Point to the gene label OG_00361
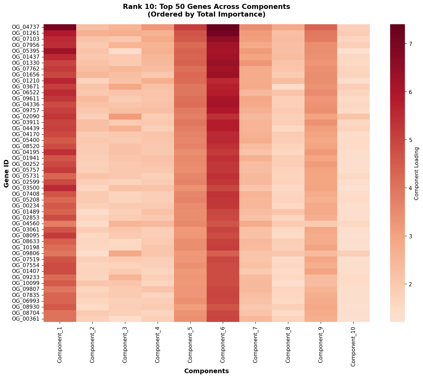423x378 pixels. pos(27,319)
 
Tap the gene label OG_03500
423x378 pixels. pos(27,188)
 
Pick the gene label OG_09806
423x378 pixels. pos(27,253)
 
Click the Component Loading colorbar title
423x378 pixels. pos(417,173)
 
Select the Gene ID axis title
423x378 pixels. pos(6,173)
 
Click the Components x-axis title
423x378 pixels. pos(206,371)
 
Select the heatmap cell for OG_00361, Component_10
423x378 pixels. pos(353,319)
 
